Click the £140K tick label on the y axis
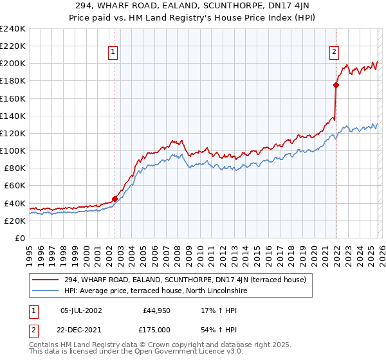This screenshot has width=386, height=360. (x=12, y=116)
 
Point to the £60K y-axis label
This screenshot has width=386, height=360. (x=14, y=186)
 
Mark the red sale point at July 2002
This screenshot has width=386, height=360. (x=115, y=199)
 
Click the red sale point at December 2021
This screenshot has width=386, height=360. (x=336, y=85)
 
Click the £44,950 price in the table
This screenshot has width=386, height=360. (x=156, y=310)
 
